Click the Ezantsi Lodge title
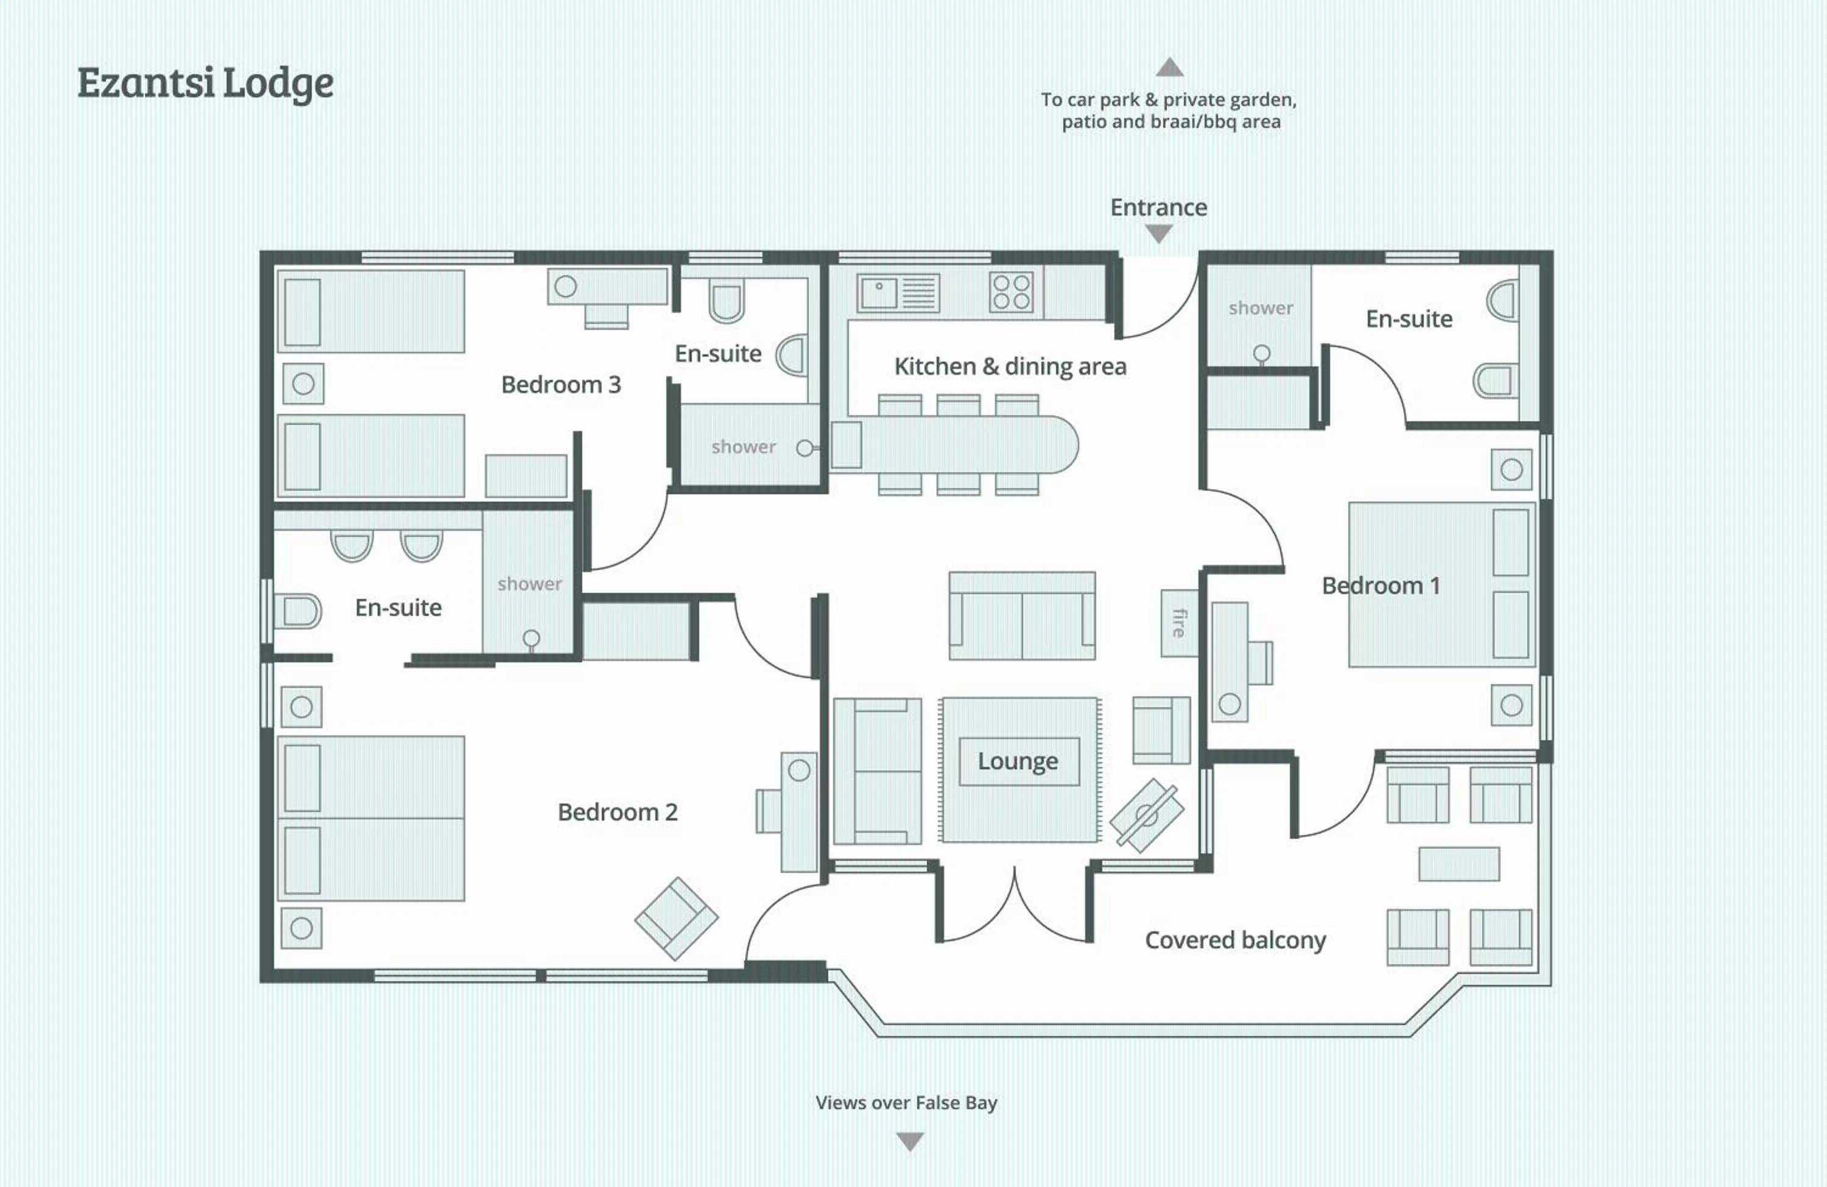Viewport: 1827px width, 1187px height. coord(205,83)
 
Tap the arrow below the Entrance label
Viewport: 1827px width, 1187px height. coord(1158,233)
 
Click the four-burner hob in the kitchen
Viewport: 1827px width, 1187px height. coord(1011,292)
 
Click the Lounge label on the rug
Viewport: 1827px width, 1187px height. coord(1018,761)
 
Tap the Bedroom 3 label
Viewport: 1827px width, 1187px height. coord(560,385)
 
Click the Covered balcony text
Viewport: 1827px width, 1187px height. coord(1235,940)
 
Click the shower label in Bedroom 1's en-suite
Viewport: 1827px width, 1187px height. coord(1261,309)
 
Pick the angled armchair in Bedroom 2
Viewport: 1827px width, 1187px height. coord(677,919)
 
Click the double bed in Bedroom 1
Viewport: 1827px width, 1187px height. coord(1441,585)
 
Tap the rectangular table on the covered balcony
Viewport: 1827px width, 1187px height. coord(1459,864)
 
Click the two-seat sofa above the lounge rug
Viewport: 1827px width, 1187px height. coord(1022,616)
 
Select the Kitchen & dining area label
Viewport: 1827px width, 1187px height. coord(1010,367)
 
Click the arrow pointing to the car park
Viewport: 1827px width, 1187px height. coord(1169,68)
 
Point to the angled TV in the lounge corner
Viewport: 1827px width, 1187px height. coord(1146,816)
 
